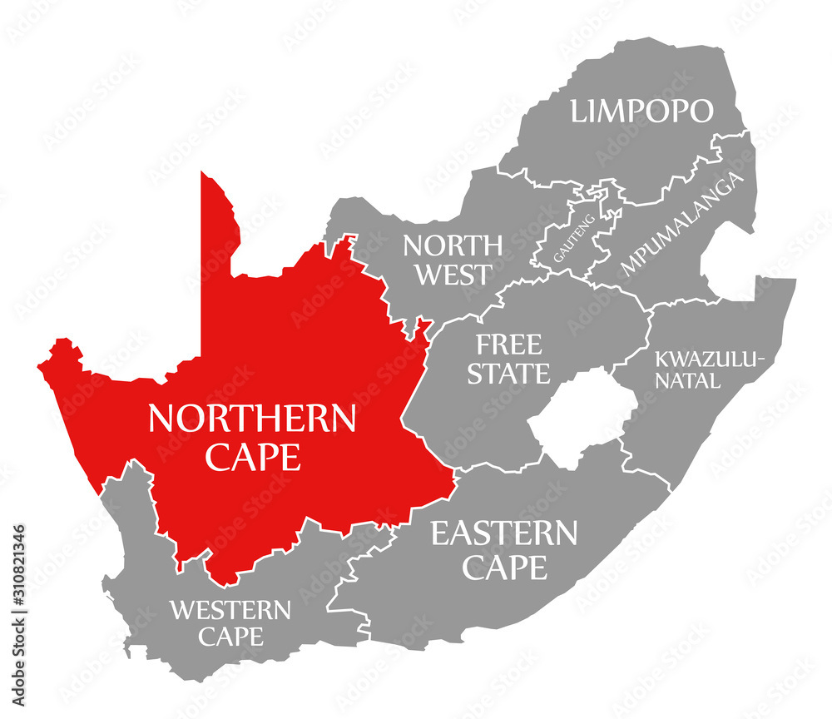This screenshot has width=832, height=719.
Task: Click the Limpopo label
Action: coord(641,112)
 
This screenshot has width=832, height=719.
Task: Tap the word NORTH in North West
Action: coord(453,246)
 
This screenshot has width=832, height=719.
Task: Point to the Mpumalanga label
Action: coord(681,226)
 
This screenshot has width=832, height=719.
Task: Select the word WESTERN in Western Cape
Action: coord(230,611)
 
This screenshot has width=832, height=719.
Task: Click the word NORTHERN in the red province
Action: coord(252,419)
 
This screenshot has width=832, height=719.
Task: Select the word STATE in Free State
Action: coord(508,374)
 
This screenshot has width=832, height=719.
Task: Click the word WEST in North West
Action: coord(453,275)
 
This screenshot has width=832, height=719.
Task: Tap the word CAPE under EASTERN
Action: coord(505,568)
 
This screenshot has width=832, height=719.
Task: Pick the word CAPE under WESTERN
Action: coord(230,637)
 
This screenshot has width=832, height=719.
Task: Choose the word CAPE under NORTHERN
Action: coord(252,457)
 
